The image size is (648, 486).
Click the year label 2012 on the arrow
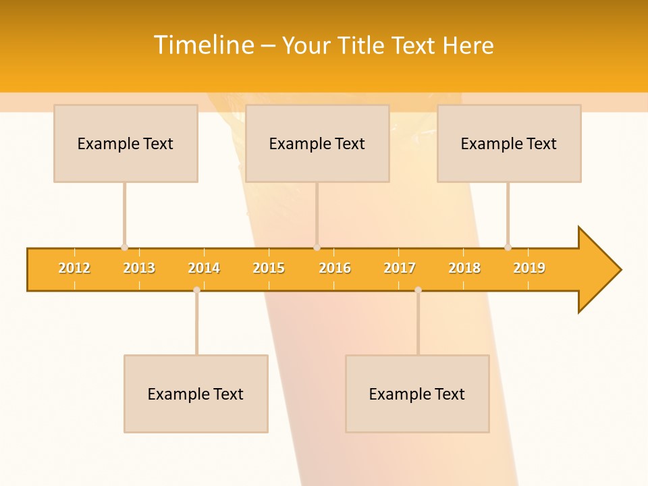pos(74,268)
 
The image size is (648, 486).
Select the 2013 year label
pos(139,268)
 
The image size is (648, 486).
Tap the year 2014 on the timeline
pos(204,268)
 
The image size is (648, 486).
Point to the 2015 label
pos(269,268)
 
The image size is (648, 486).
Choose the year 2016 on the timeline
pos(335,268)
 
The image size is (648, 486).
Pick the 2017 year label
pos(400,268)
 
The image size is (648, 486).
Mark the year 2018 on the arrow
pos(464,268)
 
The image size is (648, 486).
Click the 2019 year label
pos(529,268)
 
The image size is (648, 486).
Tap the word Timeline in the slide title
pos(202,45)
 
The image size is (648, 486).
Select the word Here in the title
pos(468,45)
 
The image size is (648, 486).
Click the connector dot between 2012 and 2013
pos(124,247)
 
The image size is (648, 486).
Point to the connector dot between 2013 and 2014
pos(196,290)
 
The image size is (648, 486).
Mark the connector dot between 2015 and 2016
pos(317,247)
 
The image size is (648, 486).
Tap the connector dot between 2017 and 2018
pos(418,290)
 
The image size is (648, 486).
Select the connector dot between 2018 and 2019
pos(508,247)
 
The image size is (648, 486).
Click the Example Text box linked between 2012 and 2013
pos(126,143)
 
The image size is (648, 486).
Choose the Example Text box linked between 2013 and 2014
pos(196,394)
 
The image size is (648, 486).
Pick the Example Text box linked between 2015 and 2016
pos(317,143)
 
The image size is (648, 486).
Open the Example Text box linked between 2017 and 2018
pos(417,394)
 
